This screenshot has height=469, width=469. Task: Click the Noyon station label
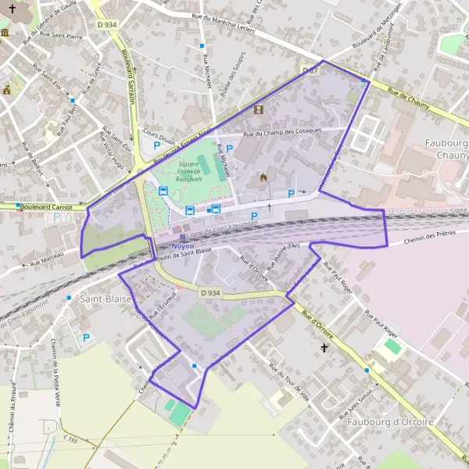tap(182, 245)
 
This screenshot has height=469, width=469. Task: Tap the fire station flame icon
tap(263, 177)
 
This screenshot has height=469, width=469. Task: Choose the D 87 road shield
tap(310, 70)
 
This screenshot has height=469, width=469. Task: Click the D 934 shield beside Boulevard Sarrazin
tap(108, 26)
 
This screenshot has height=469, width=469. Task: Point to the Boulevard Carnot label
tap(45, 206)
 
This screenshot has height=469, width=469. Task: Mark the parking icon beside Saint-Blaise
tap(86, 338)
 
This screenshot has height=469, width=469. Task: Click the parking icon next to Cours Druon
tap(157, 145)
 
